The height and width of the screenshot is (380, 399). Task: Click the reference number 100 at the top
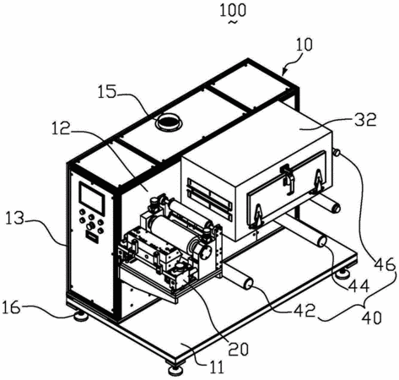pos(233,10)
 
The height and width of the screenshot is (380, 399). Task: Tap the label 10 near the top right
pos(304,45)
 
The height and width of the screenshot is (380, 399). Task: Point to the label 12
pos(61,128)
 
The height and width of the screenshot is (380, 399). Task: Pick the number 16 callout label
pos(12,307)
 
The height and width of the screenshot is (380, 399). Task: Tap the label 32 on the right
pos(365,120)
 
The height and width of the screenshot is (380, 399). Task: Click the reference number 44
pos(359,286)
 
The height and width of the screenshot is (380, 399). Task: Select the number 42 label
pos(304,311)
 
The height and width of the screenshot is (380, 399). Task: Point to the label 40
pos(371,318)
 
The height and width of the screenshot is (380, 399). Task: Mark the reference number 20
pos(239,349)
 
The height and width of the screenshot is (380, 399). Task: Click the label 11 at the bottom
pos(217,367)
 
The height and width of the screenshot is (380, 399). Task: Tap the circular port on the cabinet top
pos(169,122)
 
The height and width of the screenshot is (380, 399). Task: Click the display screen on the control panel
pos(92,198)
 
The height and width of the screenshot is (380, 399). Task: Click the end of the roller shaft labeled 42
pos(249,284)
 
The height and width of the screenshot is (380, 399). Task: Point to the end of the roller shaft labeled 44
pos(321,242)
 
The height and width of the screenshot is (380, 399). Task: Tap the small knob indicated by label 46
pos(337,152)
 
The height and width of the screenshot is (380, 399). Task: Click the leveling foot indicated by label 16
pos(81,316)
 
